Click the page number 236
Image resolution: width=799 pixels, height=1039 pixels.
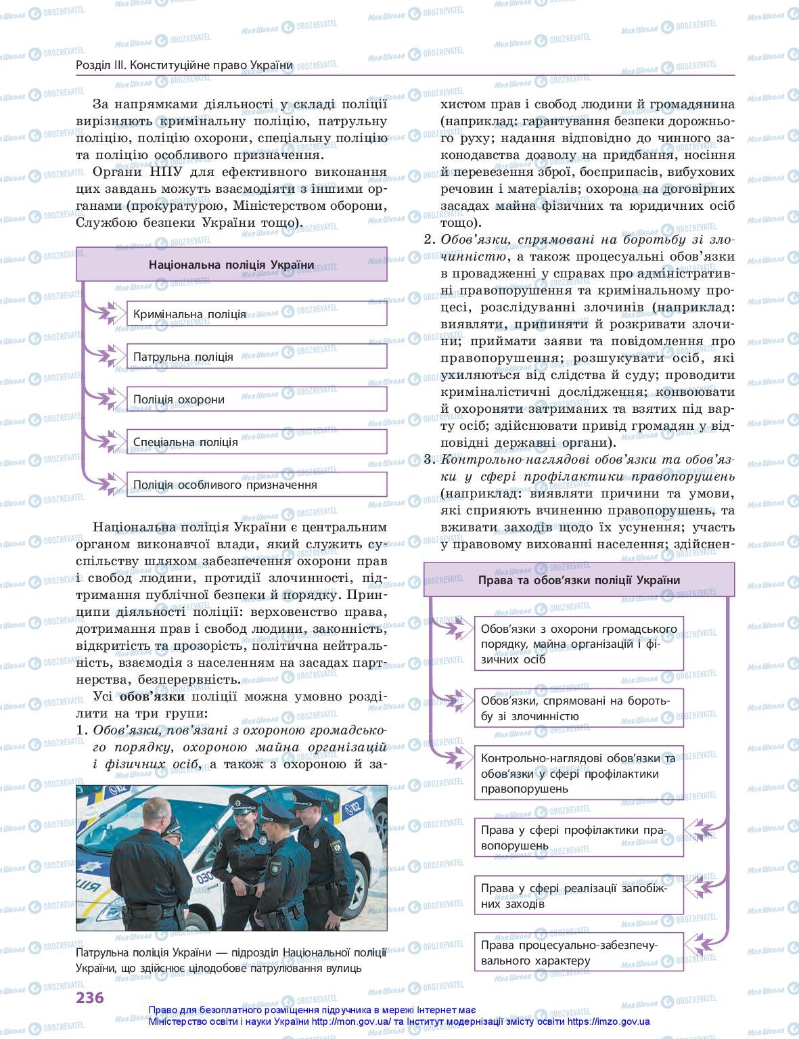click(89, 998)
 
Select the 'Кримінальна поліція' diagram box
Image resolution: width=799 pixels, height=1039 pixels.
click(256, 314)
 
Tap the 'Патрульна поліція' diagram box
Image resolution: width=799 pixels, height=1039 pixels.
click(256, 357)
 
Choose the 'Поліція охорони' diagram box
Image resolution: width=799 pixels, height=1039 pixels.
click(256, 399)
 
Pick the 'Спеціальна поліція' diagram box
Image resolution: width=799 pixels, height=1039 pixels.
click(256, 442)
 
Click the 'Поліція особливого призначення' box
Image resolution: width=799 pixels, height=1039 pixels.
click(256, 485)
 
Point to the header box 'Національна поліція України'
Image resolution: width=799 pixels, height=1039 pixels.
click(231, 265)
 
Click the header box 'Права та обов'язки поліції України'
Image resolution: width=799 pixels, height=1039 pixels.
click(578, 580)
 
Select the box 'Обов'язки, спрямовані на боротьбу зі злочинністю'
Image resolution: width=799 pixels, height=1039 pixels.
click(578, 708)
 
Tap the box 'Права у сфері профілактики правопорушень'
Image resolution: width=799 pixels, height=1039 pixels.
click(578, 837)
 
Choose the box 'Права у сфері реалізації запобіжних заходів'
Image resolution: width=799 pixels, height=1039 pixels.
click(578, 895)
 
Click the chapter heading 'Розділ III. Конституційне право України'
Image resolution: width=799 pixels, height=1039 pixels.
click(185, 65)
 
